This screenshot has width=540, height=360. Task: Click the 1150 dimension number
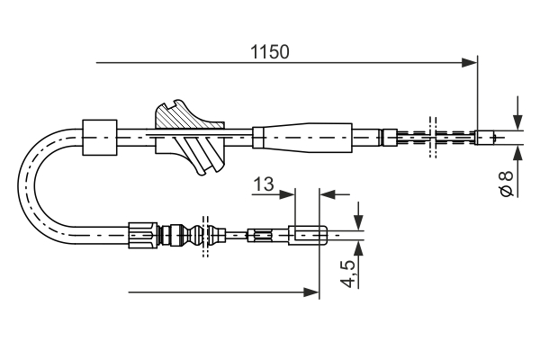[270, 51]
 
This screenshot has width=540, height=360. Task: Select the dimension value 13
[263, 184]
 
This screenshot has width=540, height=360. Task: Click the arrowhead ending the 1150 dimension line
[468, 62]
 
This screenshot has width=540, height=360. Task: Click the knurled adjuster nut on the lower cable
[142, 236]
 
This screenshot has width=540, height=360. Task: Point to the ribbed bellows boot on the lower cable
[191, 236]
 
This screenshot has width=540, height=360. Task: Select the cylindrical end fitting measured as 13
[306, 236]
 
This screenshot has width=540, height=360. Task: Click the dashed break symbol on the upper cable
[432, 138]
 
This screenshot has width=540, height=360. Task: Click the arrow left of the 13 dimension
[287, 193]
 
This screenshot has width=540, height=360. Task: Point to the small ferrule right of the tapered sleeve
[389, 138]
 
